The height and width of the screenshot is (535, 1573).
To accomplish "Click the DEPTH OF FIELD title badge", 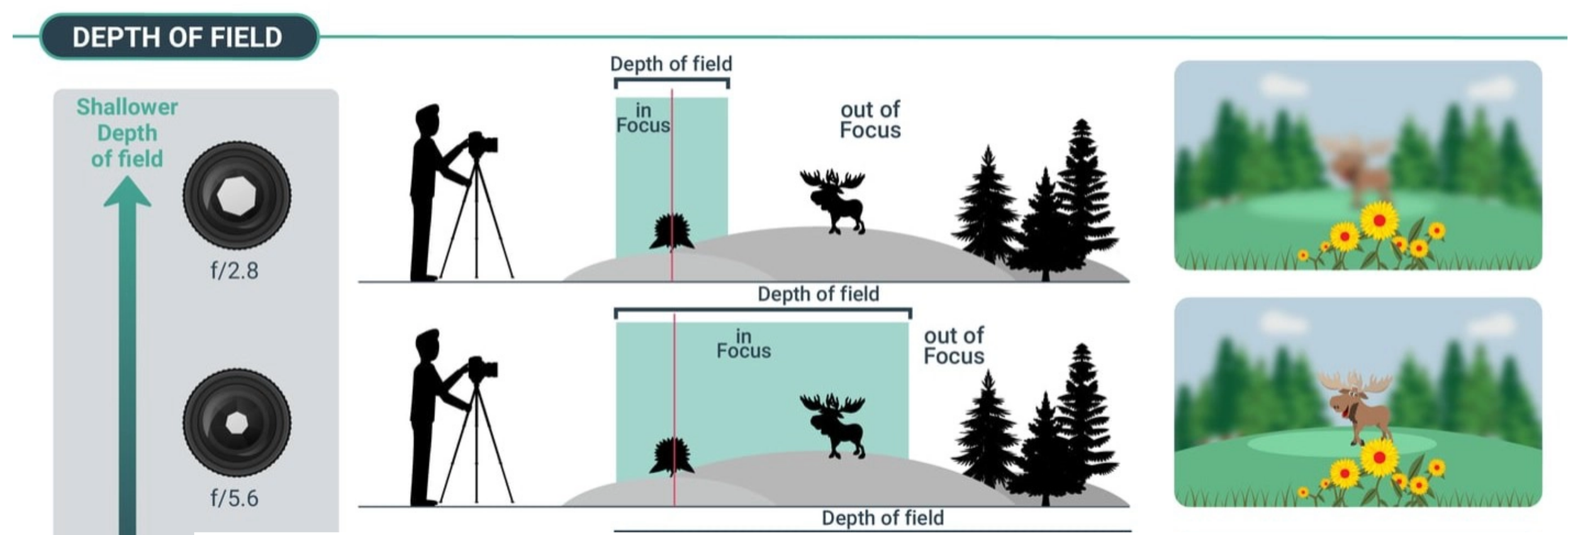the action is click(x=178, y=37).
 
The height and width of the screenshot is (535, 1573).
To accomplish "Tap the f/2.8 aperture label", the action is click(x=234, y=271).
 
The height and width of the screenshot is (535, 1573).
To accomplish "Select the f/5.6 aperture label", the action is click(x=234, y=498).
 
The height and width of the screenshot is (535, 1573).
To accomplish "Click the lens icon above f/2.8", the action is click(x=237, y=195).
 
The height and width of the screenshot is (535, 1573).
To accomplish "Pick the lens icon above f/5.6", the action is click(x=237, y=422).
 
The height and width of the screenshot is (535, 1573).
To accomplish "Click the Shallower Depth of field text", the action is click(x=127, y=133).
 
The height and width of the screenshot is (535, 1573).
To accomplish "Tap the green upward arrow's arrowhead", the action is click(x=128, y=193).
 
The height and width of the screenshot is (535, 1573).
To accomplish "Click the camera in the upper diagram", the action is click(x=483, y=144).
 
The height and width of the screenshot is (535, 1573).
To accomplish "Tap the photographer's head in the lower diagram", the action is click(x=427, y=343).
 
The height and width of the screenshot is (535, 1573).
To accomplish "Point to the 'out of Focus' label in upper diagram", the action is click(x=870, y=120).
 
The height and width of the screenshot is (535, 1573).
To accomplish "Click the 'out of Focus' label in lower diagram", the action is click(x=953, y=346).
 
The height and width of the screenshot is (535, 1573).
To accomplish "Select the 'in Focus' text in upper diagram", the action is click(x=643, y=118).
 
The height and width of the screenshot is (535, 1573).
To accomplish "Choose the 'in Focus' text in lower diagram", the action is click(x=744, y=344).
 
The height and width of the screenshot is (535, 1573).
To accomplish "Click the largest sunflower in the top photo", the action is click(x=1379, y=220).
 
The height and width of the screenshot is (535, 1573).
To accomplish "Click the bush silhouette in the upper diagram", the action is click(x=673, y=231).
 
